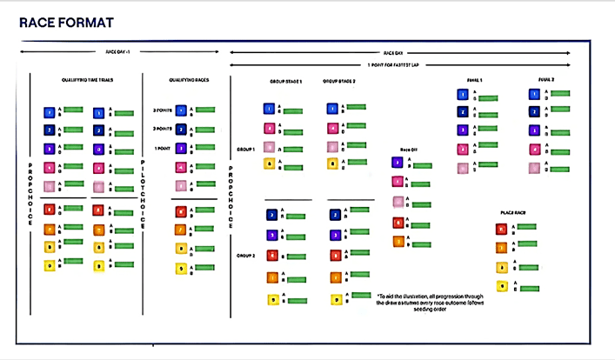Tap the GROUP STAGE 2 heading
coord(343,81)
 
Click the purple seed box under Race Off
coord(398,162)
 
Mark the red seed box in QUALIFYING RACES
coord(180,210)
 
